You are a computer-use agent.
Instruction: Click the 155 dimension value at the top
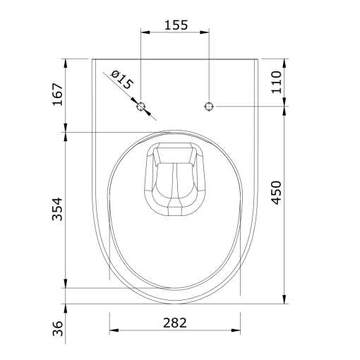click(176, 25)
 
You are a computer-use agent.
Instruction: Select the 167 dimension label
click(58, 94)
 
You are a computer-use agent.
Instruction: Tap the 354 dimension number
click(57, 209)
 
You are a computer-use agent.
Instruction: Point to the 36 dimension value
click(58, 328)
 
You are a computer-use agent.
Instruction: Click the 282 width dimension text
click(175, 323)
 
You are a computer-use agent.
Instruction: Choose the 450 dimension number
click(276, 193)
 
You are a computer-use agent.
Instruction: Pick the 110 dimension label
click(276, 83)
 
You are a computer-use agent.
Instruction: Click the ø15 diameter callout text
click(122, 80)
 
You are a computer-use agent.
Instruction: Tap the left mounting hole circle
click(141, 107)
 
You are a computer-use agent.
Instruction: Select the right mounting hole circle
click(209, 107)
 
